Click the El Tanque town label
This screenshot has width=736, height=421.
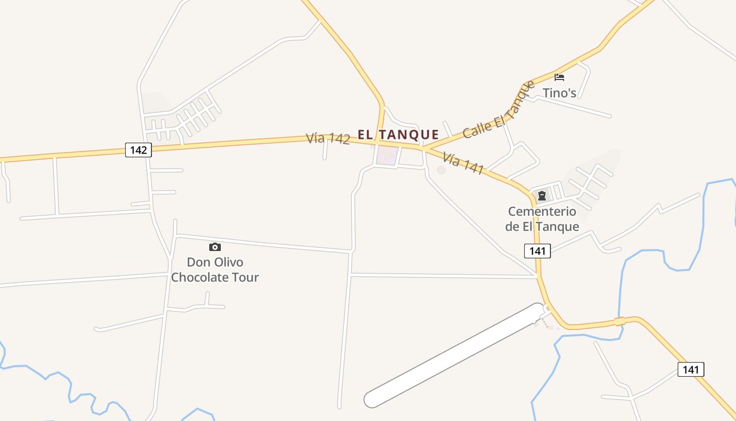pos(398,135)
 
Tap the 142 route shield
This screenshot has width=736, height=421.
pos(138,150)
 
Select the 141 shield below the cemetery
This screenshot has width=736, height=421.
pos(537,251)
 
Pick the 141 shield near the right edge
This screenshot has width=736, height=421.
pos(690,369)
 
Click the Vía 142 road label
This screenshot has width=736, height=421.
pos(328,138)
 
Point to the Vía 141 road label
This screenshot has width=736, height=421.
pos(463,163)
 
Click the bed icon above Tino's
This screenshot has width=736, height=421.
pos(559,77)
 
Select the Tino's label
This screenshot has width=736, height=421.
pos(559,93)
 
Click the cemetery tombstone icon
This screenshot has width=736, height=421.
pos(542,196)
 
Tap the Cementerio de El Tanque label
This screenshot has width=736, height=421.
pos(542,219)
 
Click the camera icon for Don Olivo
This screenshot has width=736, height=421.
pos(214,247)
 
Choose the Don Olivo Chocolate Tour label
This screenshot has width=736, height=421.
pos(215,269)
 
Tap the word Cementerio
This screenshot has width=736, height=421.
pos(542,212)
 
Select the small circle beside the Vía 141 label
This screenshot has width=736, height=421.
pos(441,170)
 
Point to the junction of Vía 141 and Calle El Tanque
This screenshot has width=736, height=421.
pos(424,148)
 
